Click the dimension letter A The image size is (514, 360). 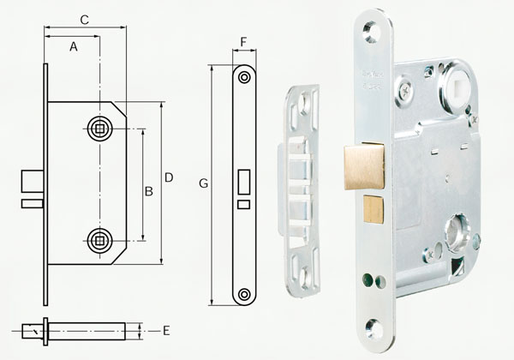click(74, 48)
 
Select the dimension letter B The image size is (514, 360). click(148, 191)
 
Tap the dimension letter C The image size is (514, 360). click(84, 18)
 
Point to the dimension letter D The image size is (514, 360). click(169, 177)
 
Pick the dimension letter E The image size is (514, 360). click(165, 330)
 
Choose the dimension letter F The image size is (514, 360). click(244, 40)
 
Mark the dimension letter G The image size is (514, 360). click(203, 183)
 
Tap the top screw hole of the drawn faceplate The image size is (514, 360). click(245, 77)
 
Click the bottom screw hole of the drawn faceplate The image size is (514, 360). click(245, 294)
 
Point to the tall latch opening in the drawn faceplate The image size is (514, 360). click(245, 183)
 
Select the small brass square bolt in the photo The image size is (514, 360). click(373, 208)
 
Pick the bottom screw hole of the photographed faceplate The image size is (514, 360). click(374, 328)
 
